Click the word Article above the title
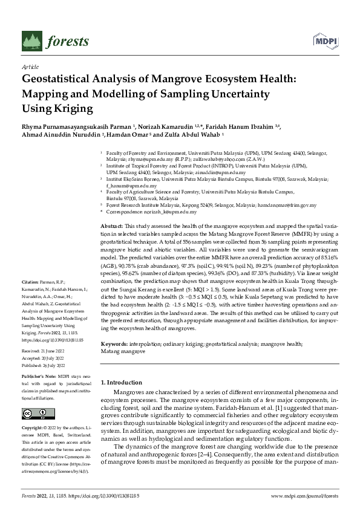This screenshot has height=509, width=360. tap(30, 66)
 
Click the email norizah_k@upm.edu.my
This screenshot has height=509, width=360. tap(171, 212)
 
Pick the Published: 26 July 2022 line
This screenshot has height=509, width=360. tap(44, 366)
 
